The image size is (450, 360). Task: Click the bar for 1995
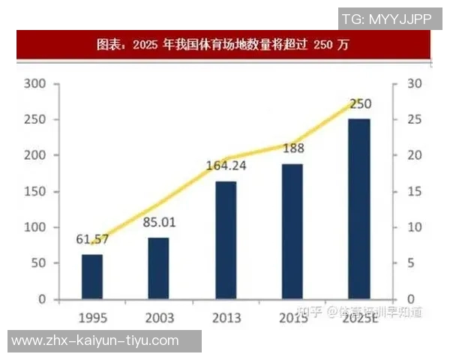click(92, 276)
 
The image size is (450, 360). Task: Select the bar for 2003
click(158, 268)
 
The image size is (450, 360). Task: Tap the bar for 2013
click(225, 239)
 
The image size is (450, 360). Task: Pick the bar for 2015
click(292, 231)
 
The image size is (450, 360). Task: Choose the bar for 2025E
click(358, 208)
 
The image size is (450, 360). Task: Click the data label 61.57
click(92, 240)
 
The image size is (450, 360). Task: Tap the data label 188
click(293, 148)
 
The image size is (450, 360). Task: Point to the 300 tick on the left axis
click(35, 83)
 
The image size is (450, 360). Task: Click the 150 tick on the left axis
click(35, 191)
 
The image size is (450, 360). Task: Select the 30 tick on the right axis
click(414, 83)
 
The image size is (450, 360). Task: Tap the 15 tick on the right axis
click(414, 191)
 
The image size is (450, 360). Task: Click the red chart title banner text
click(223, 44)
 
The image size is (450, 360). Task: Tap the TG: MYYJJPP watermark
click(387, 19)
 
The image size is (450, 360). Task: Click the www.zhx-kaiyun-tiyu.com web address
click(95, 340)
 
